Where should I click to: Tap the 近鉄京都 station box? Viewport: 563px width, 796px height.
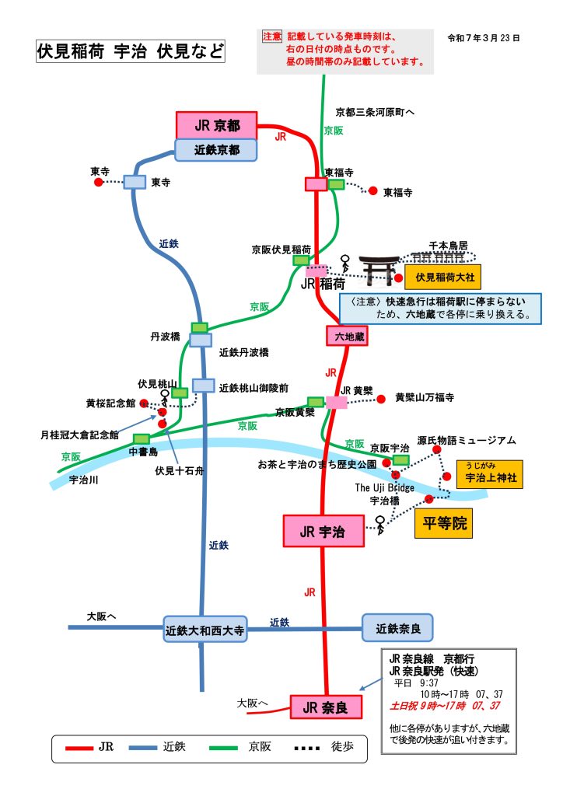(x=216, y=150)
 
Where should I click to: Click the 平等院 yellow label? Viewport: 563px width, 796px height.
(x=444, y=523)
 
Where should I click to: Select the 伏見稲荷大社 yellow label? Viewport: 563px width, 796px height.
(x=444, y=276)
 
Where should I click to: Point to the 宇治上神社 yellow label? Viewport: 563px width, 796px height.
(x=490, y=474)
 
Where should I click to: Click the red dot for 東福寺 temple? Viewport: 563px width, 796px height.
(x=372, y=190)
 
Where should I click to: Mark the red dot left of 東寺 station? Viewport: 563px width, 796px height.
(x=98, y=182)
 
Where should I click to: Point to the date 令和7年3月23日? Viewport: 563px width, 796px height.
(x=484, y=37)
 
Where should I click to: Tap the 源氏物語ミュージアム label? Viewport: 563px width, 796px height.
(x=467, y=440)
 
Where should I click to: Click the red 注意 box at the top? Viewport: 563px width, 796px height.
(x=271, y=37)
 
